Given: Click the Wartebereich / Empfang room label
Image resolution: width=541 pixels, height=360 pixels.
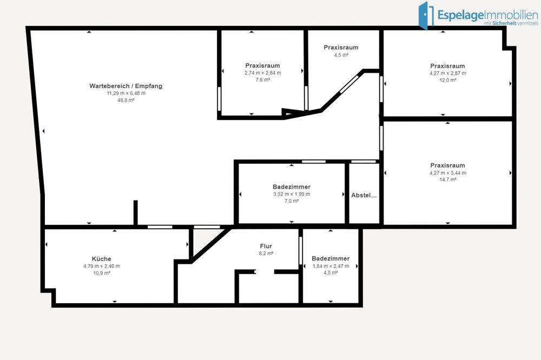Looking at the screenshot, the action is pyautogui.click(x=126, y=86).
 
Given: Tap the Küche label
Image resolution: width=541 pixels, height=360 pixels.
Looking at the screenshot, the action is pyautogui.click(x=102, y=258).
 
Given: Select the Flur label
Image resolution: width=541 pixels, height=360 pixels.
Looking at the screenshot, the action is pyautogui.click(x=266, y=246).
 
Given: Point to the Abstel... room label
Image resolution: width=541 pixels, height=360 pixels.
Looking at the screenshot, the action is pyautogui.click(x=364, y=195).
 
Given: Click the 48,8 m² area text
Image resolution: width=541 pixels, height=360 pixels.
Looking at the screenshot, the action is pyautogui.click(x=126, y=101).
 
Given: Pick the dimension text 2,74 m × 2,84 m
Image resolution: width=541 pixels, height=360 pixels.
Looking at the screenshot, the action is pyautogui.click(x=262, y=73).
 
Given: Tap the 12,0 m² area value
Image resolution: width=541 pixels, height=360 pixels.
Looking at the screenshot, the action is pyautogui.click(x=448, y=80).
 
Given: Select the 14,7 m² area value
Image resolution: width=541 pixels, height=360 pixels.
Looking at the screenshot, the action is pyautogui.click(x=448, y=179).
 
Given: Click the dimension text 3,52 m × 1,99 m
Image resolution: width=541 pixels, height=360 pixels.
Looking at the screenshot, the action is pyautogui.click(x=292, y=194).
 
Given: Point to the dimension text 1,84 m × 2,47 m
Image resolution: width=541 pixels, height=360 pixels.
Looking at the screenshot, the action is pyautogui.click(x=331, y=266).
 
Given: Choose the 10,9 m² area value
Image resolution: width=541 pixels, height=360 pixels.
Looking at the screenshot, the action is pyautogui.click(x=102, y=273).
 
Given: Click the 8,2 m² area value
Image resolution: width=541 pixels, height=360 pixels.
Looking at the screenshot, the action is pyautogui.click(x=266, y=254).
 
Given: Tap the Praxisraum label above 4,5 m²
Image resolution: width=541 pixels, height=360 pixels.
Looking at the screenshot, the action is pyautogui.click(x=341, y=47).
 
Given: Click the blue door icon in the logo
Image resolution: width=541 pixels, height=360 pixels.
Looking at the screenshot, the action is pyautogui.click(x=426, y=16).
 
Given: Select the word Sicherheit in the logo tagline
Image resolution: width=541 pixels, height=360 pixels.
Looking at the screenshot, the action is pyautogui.click(x=504, y=23).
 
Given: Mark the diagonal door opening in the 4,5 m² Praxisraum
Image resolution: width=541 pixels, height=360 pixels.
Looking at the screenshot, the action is pyautogui.click(x=349, y=84).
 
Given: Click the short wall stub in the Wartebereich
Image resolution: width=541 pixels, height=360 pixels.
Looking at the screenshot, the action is pyautogui.click(x=136, y=213).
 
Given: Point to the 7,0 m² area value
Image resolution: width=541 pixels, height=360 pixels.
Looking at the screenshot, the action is pyautogui.click(x=292, y=201).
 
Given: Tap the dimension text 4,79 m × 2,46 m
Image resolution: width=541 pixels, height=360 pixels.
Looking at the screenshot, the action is pyautogui.click(x=102, y=266).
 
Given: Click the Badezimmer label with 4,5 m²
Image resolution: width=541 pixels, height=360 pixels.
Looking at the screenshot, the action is pyautogui.click(x=331, y=258).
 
